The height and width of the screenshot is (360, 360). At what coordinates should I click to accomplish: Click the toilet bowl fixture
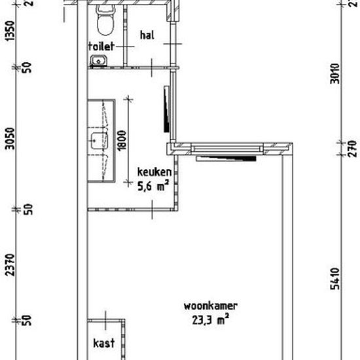click(105, 20)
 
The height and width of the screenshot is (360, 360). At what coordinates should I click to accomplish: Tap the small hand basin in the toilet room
click(98, 61)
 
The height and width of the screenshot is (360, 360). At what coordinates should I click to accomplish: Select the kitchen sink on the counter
click(99, 141)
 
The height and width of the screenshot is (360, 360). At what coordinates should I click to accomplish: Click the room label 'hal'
click(147, 35)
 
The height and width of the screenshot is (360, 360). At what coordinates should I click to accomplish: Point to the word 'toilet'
click(101, 46)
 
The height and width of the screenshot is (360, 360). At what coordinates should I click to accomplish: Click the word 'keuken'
click(154, 171)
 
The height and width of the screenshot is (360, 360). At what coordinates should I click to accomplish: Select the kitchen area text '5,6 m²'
click(153, 185)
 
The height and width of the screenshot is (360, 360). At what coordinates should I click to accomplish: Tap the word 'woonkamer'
click(211, 306)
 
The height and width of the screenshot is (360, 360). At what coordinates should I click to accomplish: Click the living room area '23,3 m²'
click(211, 319)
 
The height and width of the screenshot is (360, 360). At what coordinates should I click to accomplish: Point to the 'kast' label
click(104, 343)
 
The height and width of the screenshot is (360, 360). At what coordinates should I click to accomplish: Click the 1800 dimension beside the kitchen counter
click(122, 141)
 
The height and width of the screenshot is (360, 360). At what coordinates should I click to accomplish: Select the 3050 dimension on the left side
click(10, 139)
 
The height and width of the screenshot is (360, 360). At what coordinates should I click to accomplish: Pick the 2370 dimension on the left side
click(10, 264)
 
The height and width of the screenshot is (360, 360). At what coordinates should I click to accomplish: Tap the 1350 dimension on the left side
click(10, 31)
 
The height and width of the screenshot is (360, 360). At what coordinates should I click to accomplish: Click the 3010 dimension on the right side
click(334, 74)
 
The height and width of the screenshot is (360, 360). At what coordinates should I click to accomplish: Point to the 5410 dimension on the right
click(334, 279)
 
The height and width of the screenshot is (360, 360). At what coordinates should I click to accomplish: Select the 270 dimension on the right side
click(352, 149)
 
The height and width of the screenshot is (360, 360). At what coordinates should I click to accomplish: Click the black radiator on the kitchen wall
click(166, 109)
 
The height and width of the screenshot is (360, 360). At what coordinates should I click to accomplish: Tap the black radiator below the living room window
click(226, 158)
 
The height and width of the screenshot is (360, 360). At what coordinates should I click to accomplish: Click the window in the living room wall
click(227, 149)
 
